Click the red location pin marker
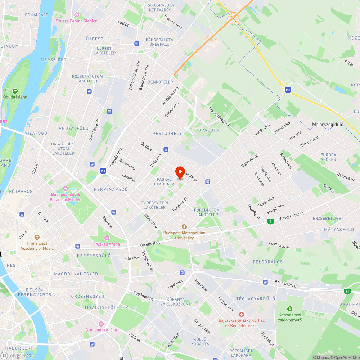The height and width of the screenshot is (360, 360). point(180,172)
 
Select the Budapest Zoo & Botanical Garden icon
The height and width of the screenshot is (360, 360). point(66,188)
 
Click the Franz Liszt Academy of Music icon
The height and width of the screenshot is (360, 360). point(37,237)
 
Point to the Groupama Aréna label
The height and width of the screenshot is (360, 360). point(101,330)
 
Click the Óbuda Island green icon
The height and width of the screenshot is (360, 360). point(15,91)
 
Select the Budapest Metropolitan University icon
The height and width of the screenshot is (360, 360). point(184,226)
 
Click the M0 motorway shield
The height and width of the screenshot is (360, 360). point(287,90)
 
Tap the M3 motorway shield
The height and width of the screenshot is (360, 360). point(103,171)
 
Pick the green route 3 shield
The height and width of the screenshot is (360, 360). point(270,221)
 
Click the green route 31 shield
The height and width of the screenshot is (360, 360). point(347,291)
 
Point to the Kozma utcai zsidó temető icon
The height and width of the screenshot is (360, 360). point(290,309)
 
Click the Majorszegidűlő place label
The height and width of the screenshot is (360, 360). point(328,125)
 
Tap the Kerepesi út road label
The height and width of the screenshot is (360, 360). point(150,244)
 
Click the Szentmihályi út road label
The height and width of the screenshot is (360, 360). point(219,116)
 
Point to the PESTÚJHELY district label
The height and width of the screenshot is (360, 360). point(167,133)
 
